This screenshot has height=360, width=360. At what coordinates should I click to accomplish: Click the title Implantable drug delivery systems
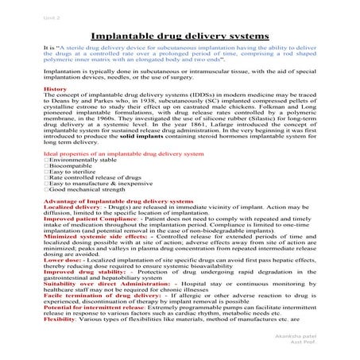point(180,37)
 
